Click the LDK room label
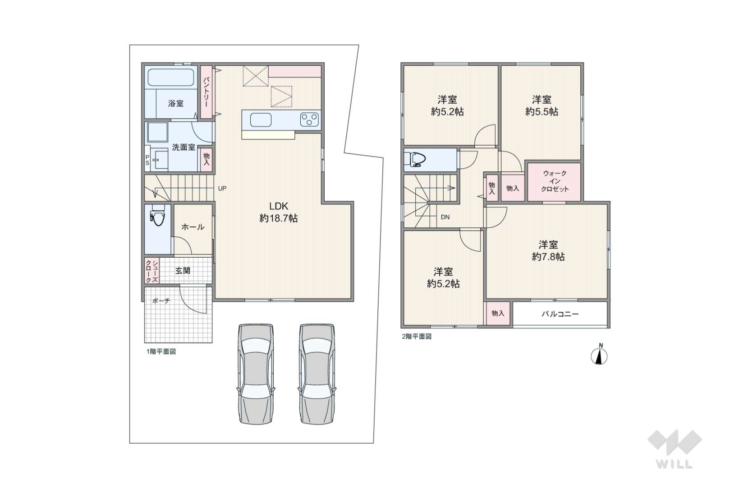[x=279, y=206]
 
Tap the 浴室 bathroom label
[x=175, y=103]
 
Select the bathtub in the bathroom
[x=170, y=77]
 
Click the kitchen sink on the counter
[x=261, y=120]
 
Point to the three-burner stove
[x=309, y=120]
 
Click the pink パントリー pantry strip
[x=206, y=92]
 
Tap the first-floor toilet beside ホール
[x=157, y=215]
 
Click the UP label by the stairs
[x=222, y=189]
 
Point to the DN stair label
[x=445, y=217]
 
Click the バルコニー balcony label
[x=560, y=314]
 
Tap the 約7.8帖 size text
[x=548, y=257]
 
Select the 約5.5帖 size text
[x=542, y=111]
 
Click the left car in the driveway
[x=256, y=374]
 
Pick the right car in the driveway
[x=317, y=374]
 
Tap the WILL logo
[x=675, y=449]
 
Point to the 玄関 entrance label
[x=183, y=271]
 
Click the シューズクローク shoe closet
[x=152, y=271]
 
